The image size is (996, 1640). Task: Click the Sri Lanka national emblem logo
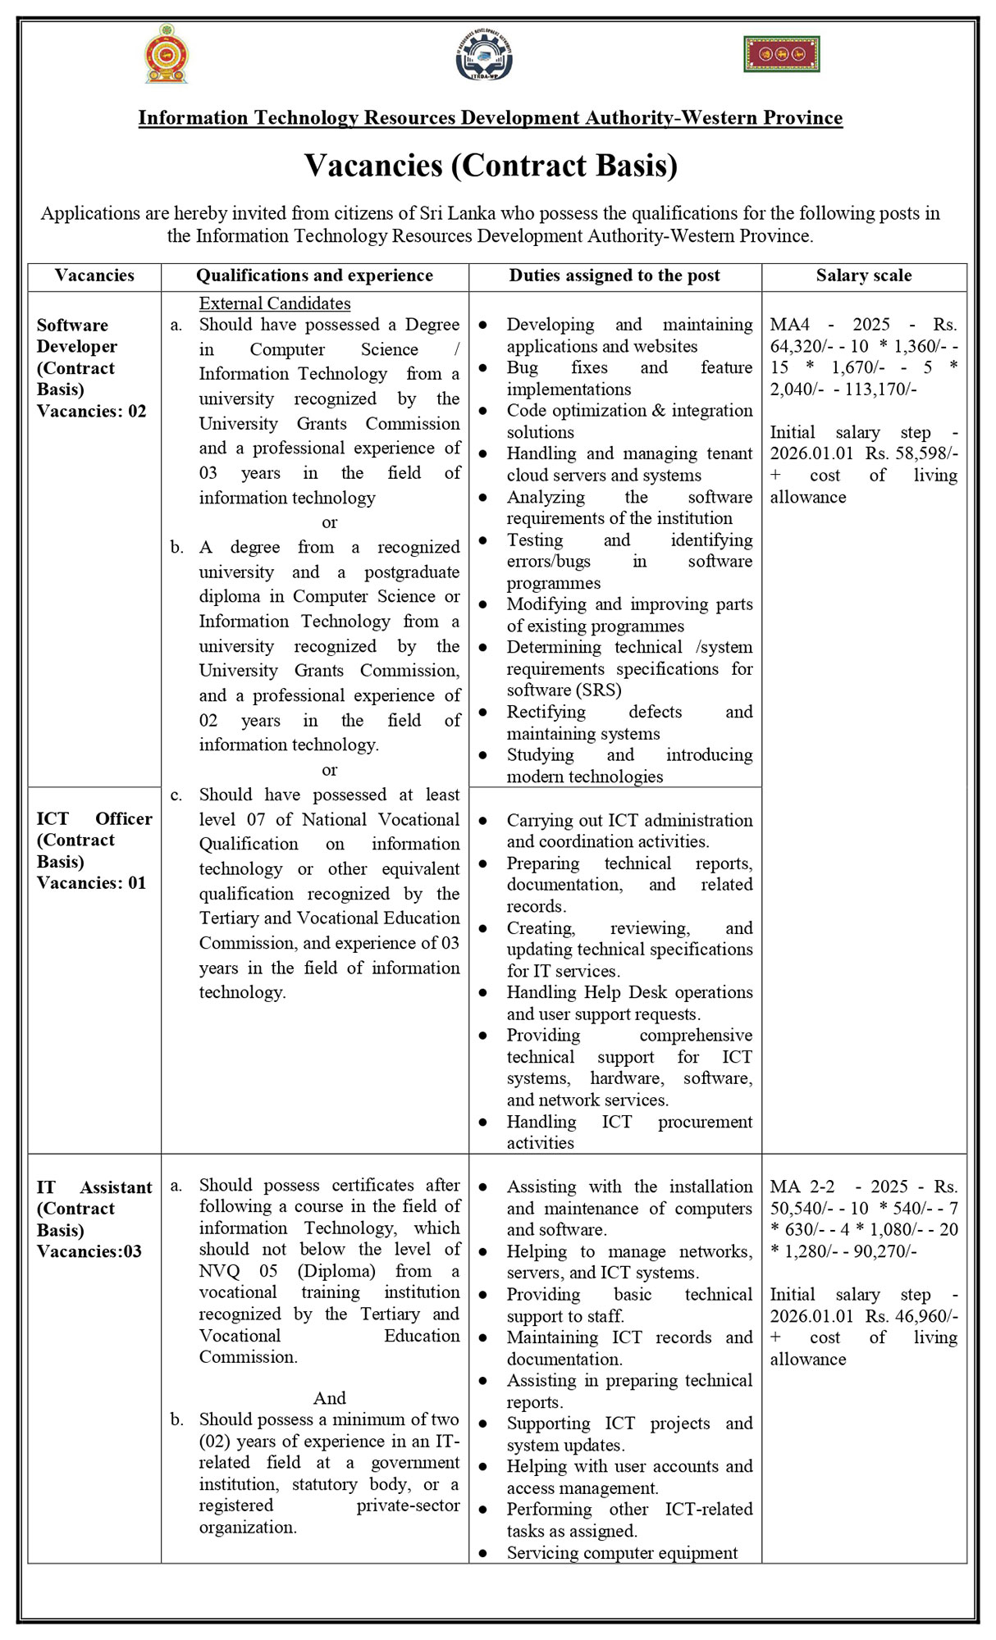167,54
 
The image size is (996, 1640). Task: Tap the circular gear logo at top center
484,56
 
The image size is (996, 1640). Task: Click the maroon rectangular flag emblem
782,54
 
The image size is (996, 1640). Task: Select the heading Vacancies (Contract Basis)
491,166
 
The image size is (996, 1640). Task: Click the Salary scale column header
864,276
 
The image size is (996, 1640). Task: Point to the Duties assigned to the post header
615,276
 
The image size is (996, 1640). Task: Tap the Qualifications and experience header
314,276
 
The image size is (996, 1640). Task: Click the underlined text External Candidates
275,303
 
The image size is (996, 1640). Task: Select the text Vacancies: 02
91,411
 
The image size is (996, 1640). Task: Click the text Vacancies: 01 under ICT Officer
91,882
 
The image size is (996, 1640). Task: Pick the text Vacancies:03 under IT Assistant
89,1251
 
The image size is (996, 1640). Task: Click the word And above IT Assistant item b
329,1397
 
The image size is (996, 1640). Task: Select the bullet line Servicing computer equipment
622,1552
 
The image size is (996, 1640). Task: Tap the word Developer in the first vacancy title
76,346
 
